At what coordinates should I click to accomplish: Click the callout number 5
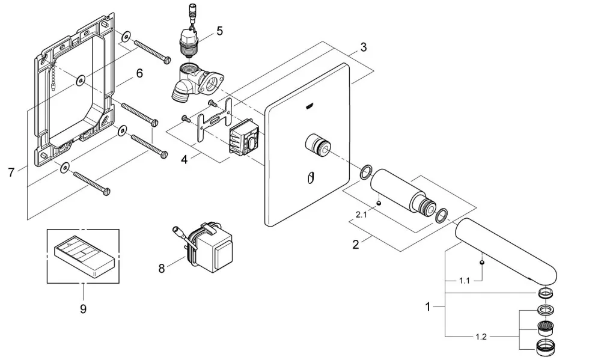(219, 31)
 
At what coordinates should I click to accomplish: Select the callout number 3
(364, 47)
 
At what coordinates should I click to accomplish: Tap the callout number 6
(139, 73)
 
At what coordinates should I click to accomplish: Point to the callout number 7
(11, 172)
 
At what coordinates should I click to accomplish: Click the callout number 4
(185, 159)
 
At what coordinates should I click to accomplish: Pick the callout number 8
(161, 269)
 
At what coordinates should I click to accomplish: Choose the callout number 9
(83, 309)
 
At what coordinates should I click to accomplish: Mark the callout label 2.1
(361, 215)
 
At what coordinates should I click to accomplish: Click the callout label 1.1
(464, 281)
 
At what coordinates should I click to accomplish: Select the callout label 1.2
(481, 337)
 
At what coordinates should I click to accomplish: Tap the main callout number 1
(428, 307)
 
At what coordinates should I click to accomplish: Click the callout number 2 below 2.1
(356, 244)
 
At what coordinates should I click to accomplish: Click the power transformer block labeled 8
(211, 246)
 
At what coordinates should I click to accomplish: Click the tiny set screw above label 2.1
(379, 203)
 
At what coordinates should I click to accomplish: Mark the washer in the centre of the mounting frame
(81, 81)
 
